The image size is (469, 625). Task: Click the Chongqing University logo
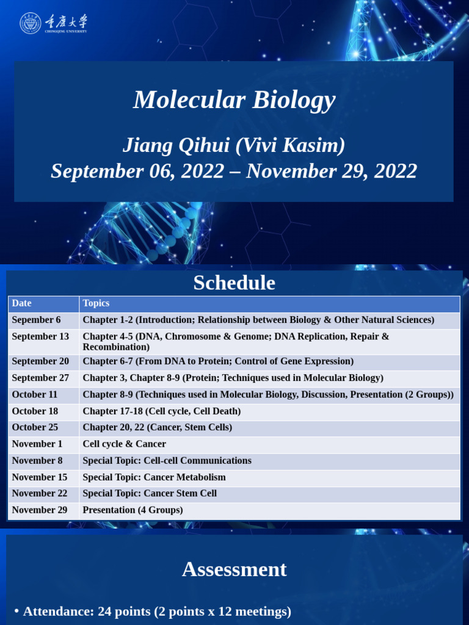[x=53, y=23]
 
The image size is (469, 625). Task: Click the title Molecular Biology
[x=234, y=99]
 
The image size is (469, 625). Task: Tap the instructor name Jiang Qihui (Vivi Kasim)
[x=234, y=145]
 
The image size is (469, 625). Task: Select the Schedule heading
[x=234, y=283]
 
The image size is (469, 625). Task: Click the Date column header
[x=21, y=303]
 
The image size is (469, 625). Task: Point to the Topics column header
[x=96, y=303]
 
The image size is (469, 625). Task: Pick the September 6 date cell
[x=36, y=320]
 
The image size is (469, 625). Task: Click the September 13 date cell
[x=40, y=336]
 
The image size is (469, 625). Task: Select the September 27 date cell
[x=40, y=378]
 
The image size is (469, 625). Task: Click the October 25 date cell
[x=35, y=427]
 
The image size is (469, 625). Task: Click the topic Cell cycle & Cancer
[x=124, y=444]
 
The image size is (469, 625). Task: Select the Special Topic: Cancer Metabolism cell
[x=154, y=477]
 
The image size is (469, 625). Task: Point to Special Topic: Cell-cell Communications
[x=167, y=460]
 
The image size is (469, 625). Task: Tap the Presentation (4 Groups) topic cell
[x=133, y=510]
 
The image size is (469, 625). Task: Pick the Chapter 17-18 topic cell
[x=161, y=411]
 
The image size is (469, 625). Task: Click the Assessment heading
[x=234, y=569]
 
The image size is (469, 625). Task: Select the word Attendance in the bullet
[x=57, y=611]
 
